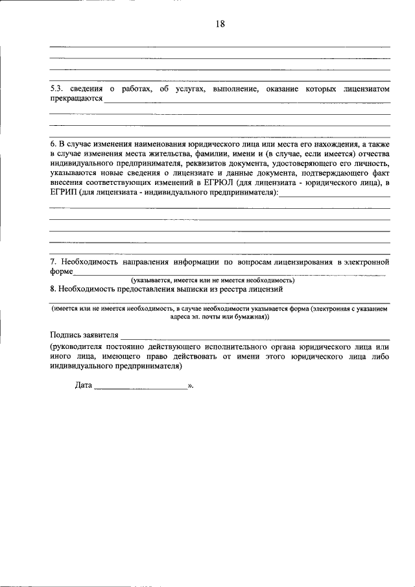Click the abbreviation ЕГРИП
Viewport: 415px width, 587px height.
point(64,193)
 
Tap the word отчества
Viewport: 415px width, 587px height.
point(370,154)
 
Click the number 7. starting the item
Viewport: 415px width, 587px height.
point(54,262)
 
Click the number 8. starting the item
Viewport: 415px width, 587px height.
point(54,289)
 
